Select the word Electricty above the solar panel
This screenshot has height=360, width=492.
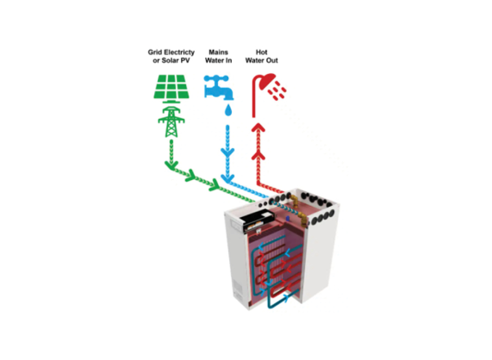point(179,52)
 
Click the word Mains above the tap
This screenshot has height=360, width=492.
point(218,52)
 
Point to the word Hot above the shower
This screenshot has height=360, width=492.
point(262,52)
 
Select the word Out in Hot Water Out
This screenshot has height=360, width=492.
point(272,60)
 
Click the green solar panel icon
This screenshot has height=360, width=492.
point(171,87)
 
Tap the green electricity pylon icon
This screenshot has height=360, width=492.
point(171,121)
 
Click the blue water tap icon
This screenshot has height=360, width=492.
point(218,87)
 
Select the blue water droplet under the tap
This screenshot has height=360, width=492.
point(228,110)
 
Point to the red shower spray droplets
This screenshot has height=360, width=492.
point(277,91)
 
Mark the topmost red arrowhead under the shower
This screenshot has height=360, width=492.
point(259,128)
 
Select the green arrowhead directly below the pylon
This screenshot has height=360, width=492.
point(171,165)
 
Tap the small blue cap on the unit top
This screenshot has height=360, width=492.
point(287,218)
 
